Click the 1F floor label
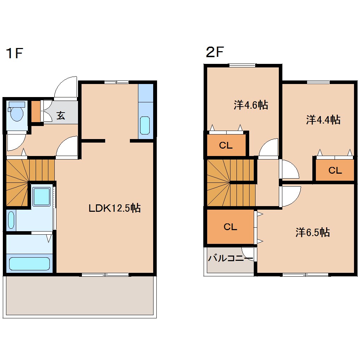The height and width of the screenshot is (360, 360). tap(14, 54)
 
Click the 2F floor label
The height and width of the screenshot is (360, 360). tap(215, 52)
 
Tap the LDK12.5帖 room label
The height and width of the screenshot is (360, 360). tap(115, 208)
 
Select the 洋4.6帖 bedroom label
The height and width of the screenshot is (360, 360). tap(251, 105)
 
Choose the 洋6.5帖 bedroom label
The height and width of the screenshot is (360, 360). tap(313, 232)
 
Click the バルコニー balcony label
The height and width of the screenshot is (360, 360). tap(230, 258)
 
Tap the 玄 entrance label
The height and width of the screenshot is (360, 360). tap(61, 115)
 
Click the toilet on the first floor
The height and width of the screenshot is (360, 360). tap(16, 111)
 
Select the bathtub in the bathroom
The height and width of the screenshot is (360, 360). tap(29, 264)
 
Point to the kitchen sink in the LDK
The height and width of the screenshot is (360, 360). tap(145, 125)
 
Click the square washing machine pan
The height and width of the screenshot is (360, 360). tap(41, 197)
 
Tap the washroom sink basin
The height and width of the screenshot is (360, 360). tap(11, 220)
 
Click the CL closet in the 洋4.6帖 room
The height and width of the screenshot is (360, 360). tap(226, 145)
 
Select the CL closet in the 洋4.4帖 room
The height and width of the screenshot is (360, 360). tap(335, 170)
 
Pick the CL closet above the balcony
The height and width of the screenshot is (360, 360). tap(230, 227)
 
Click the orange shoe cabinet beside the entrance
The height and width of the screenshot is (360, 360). tap(36, 111)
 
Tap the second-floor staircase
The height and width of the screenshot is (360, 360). tap(231, 183)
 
